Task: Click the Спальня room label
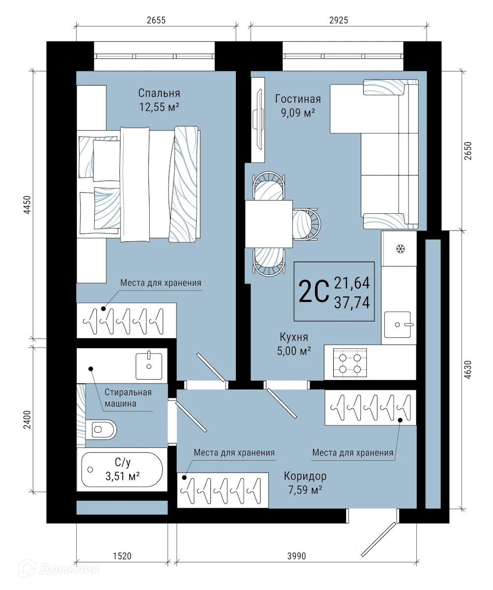coord(159,93)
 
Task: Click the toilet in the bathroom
coord(102,429)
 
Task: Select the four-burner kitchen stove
coord(350,362)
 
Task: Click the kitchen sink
coord(399,324)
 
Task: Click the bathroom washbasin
coord(149,365)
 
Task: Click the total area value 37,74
coord(351,301)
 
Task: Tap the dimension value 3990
coord(296,555)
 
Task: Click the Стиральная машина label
coord(128,398)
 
